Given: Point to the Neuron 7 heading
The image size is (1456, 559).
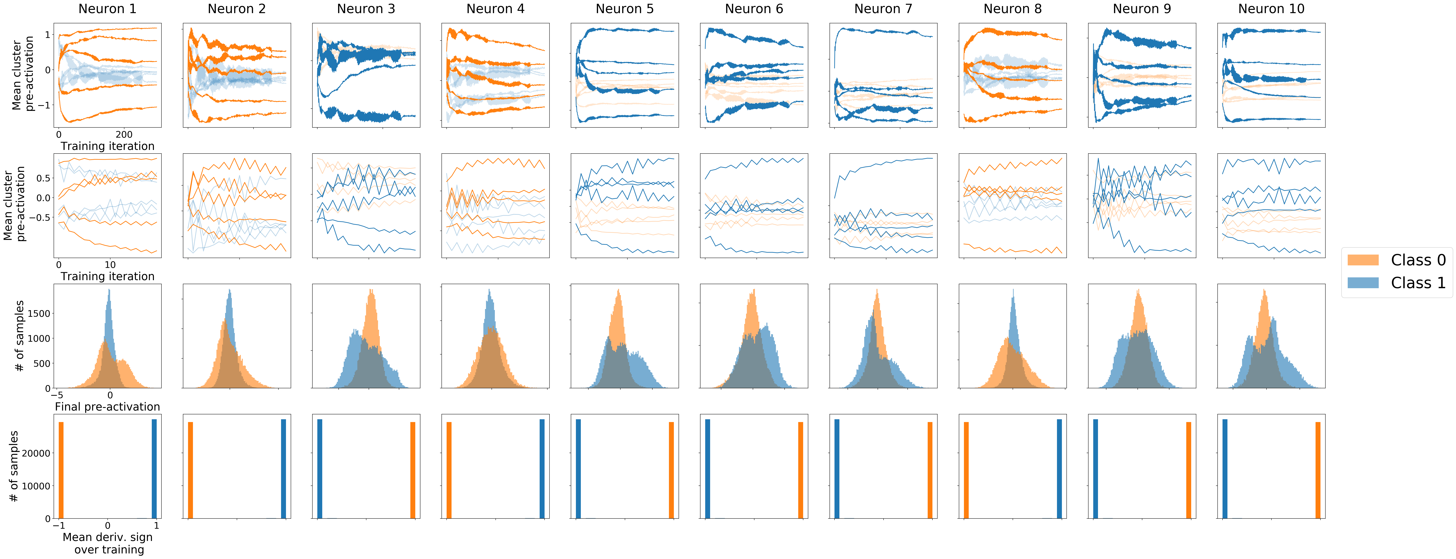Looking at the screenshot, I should point(883,9).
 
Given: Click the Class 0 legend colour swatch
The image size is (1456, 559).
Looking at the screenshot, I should point(1363,260).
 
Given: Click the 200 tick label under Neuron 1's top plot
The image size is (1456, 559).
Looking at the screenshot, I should point(124,135).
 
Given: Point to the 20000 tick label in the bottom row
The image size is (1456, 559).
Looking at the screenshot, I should point(36,453).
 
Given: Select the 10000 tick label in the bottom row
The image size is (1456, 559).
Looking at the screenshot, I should point(36,486).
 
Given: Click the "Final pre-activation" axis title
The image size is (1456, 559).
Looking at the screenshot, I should point(107,407).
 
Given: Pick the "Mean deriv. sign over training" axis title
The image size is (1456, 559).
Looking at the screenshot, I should point(107,543).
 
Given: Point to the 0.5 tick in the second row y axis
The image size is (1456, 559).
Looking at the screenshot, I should point(43,178).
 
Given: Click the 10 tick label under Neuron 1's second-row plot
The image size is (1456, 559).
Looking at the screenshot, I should point(110,265).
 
